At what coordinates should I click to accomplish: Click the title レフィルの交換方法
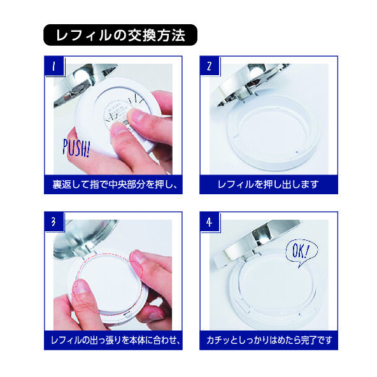120,35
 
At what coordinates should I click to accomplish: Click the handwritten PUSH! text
76,148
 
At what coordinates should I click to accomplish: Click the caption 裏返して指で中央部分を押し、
113,185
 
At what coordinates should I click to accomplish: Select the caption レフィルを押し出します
267,185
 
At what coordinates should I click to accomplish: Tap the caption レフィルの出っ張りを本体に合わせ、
113,340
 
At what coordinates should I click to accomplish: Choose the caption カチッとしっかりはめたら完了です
267,340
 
